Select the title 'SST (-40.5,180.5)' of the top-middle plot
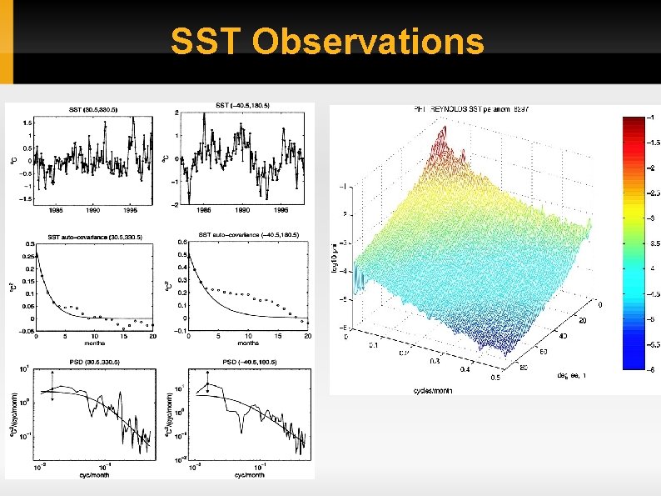tap(242, 106)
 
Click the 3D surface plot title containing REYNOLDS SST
tap(471, 109)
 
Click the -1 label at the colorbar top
tap(650, 117)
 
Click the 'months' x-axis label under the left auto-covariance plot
tap(92, 342)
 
